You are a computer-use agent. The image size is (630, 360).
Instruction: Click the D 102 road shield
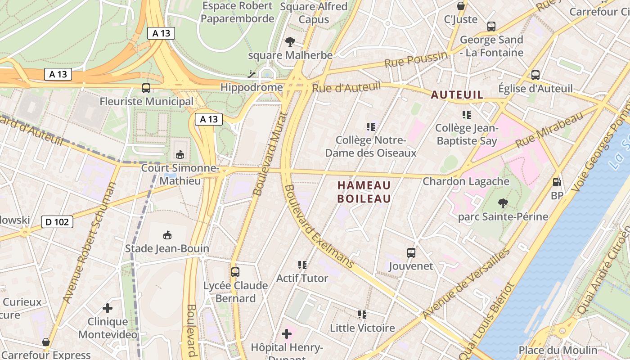[57, 222]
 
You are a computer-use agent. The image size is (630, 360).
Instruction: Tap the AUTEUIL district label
[457, 94]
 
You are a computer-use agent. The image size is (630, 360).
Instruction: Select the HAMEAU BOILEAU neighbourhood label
[364, 192]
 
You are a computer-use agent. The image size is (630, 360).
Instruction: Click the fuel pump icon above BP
[557, 182]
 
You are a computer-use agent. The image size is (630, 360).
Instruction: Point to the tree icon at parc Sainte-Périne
[503, 203]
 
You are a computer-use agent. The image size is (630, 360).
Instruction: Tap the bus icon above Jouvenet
[411, 252]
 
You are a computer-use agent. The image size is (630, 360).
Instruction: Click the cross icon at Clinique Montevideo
[108, 308]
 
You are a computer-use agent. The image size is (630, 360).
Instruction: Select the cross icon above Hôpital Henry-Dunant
[287, 334]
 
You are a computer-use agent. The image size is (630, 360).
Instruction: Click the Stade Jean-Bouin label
[167, 248]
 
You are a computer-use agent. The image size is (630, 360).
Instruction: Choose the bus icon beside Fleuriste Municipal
[146, 88]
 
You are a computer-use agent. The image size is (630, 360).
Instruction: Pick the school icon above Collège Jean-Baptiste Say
[467, 115]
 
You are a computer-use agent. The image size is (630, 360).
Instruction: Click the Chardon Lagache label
[466, 181]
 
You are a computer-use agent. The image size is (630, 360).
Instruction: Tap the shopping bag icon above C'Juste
[461, 6]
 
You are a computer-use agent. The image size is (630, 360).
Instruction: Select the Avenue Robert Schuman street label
[90, 243]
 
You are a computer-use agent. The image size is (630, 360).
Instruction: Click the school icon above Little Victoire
[362, 314]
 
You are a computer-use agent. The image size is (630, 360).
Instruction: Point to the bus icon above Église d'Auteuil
[535, 75]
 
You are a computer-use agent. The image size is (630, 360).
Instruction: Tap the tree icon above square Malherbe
[290, 42]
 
